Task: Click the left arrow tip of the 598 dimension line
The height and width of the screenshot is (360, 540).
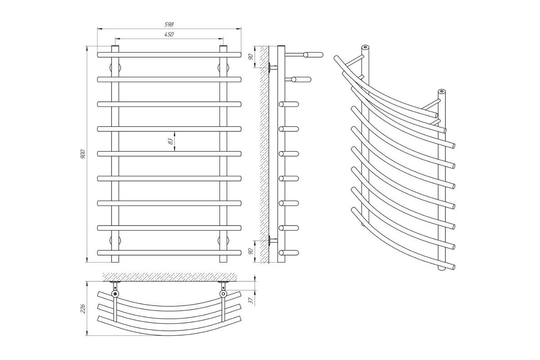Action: click(98, 29)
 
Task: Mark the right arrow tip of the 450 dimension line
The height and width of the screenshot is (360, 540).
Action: click(223, 39)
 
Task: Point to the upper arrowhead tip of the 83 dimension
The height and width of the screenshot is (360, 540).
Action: click(175, 132)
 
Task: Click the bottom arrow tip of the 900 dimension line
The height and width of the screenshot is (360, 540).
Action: click(87, 262)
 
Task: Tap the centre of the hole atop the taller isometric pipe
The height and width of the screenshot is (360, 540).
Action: click(365, 47)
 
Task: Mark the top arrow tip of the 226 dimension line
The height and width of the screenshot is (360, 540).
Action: click(86, 281)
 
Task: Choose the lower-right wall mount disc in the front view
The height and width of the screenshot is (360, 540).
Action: click(223, 240)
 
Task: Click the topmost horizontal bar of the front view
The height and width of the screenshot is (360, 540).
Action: click(169, 55)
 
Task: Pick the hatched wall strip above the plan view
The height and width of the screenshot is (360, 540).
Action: click(170, 277)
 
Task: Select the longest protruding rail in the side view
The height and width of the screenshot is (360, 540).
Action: click(304, 55)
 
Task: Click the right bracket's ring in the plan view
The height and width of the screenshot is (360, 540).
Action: click(223, 294)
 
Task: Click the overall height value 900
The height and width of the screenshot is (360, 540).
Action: click(82, 154)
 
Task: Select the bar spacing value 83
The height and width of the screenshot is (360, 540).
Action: click(170, 141)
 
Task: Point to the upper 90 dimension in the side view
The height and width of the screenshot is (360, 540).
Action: click(251, 57)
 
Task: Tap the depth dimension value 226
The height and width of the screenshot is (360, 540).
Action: click(82, 309)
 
